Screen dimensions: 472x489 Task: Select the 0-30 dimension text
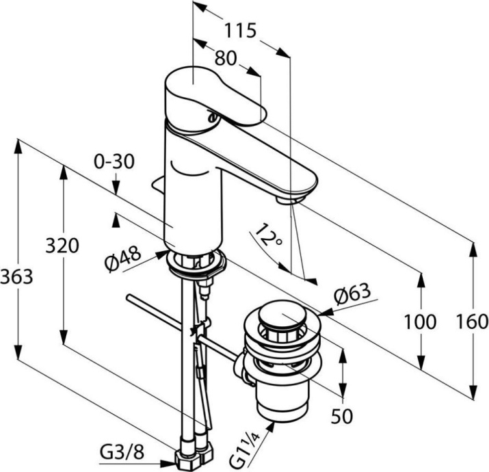pos(114,162)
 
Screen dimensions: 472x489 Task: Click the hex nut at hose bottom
pos(185,456)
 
